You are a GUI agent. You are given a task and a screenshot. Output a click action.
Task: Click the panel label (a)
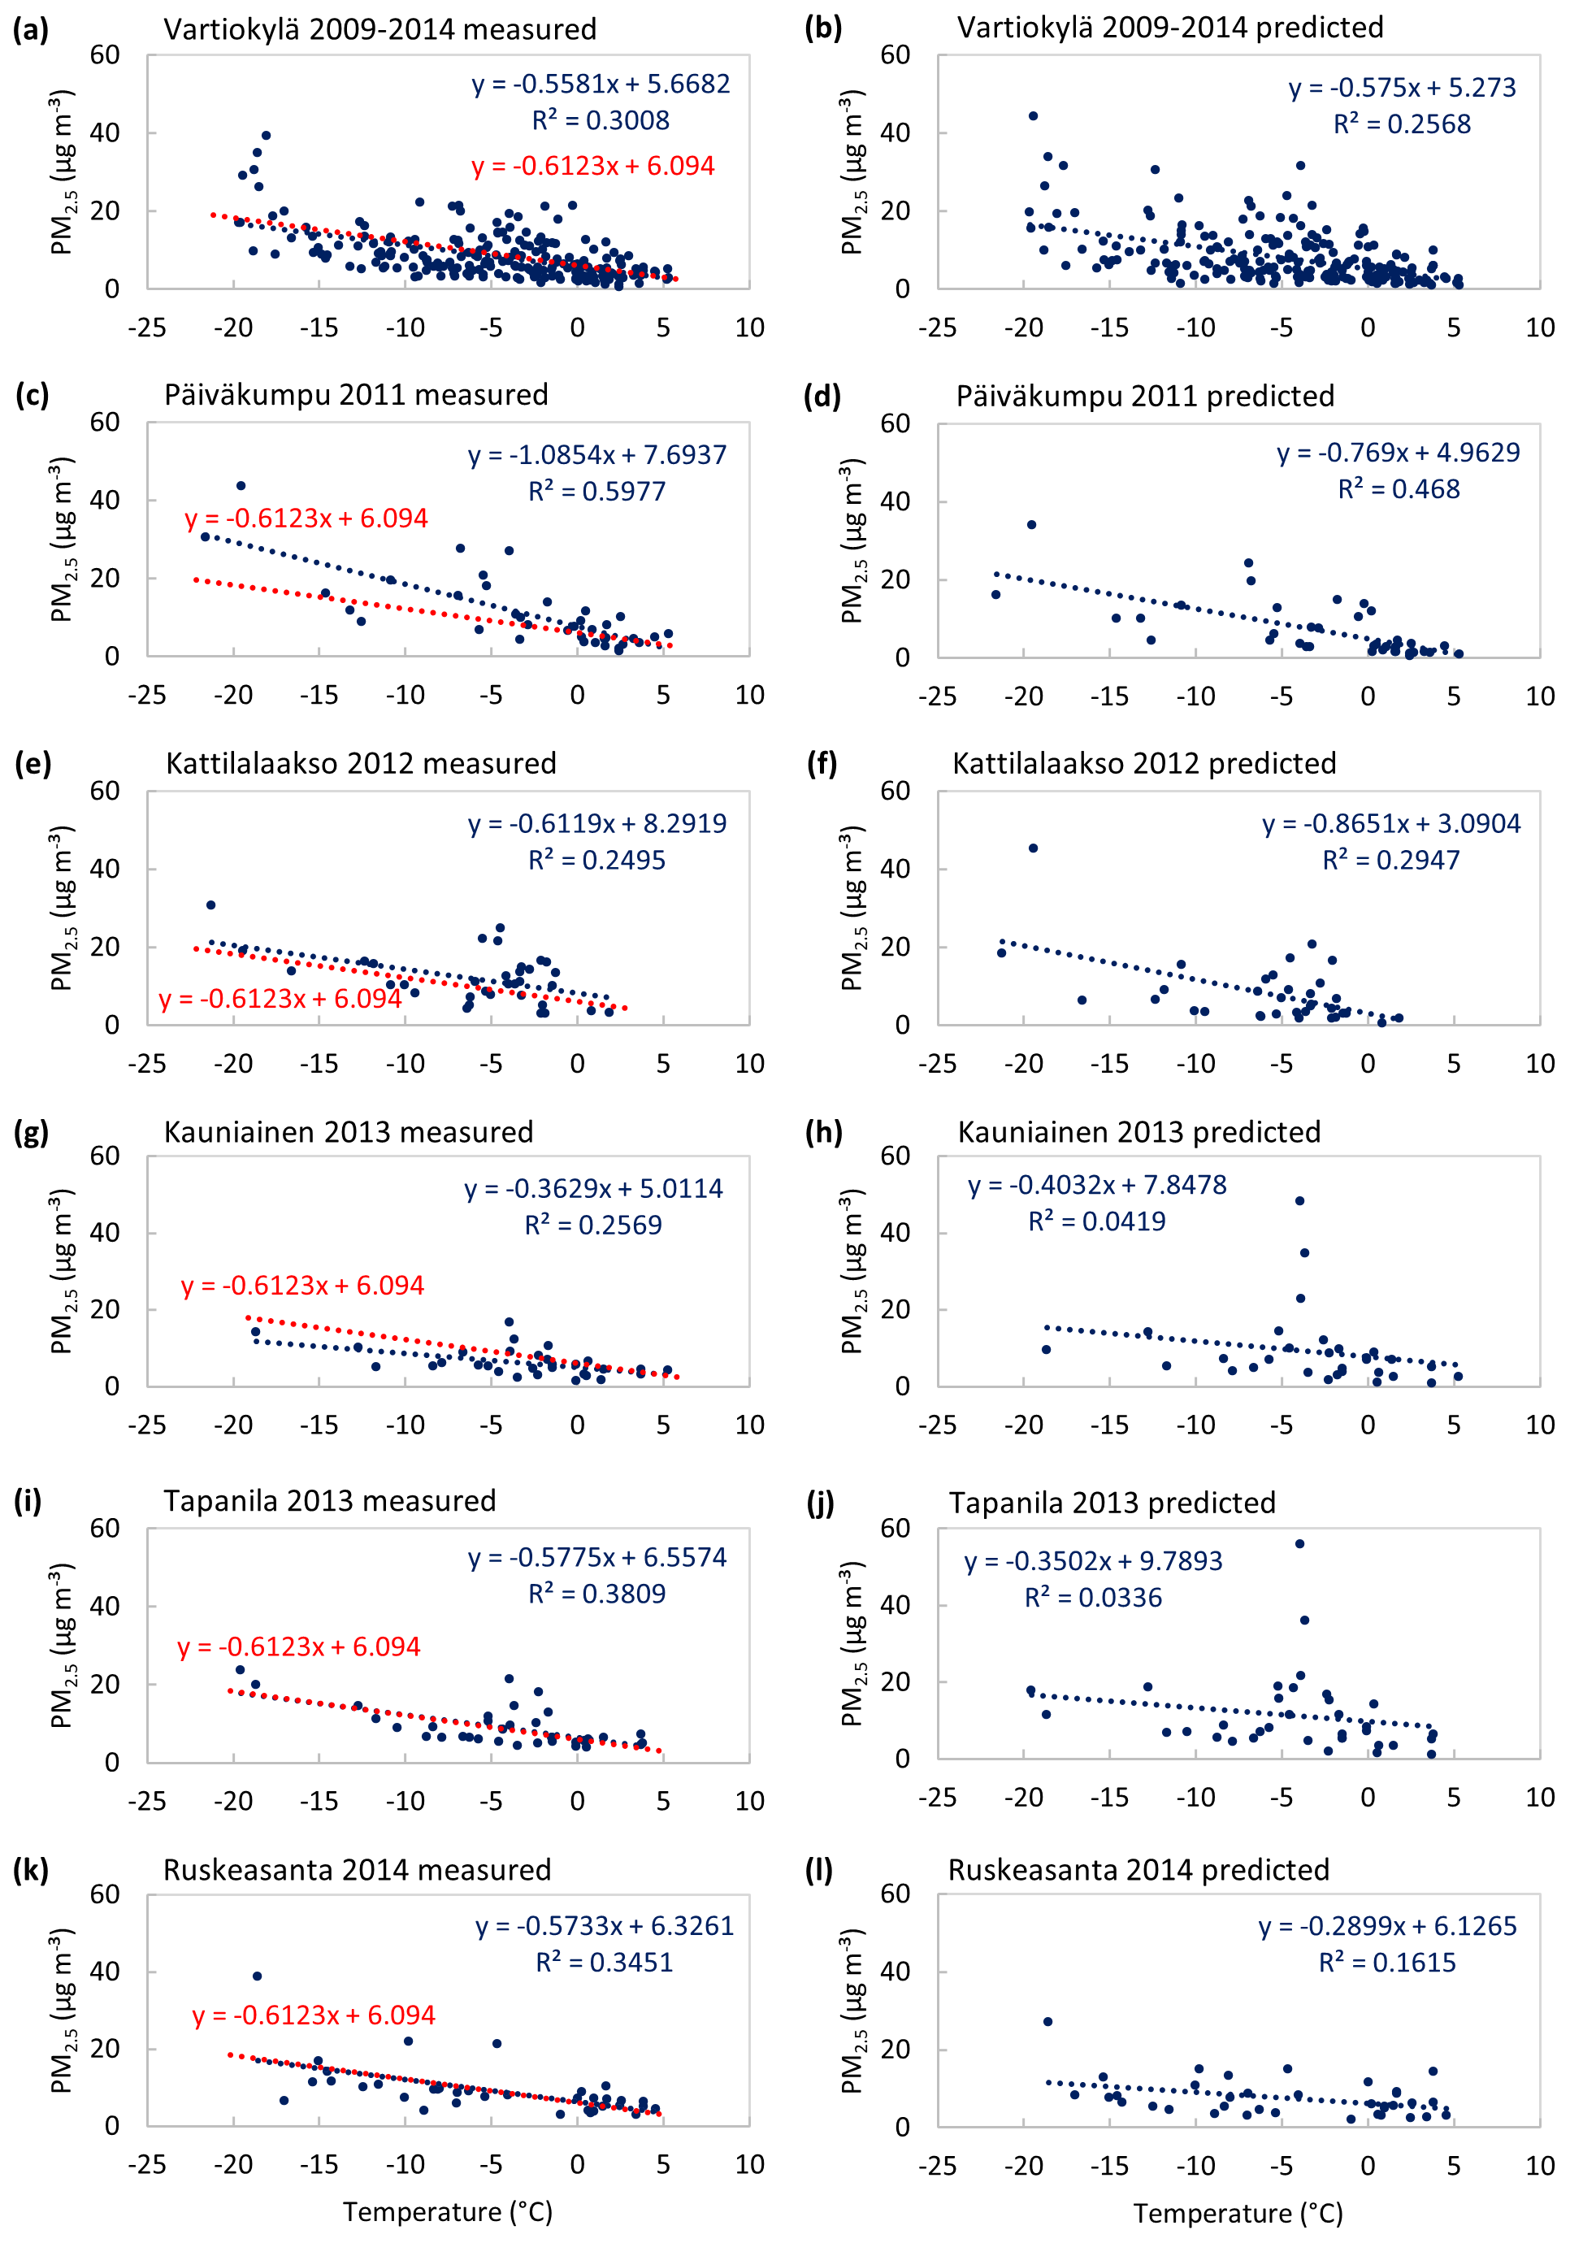(x=30, y=29)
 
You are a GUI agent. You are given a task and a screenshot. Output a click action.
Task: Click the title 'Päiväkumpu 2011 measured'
(x=356, y=395)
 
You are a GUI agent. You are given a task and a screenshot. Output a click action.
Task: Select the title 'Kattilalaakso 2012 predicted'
(x=1144, y=763)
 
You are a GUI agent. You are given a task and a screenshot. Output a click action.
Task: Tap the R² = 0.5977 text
(x=597, y=492)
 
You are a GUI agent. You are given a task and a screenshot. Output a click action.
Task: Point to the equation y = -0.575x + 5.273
(x=1402, y=88)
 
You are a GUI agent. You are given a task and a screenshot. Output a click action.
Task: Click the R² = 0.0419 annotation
(x=1096, y=1221)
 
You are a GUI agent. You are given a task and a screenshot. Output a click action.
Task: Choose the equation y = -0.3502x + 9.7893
(x=1093, y=1561)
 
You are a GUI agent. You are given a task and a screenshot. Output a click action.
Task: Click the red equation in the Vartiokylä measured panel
(x=593, y=166)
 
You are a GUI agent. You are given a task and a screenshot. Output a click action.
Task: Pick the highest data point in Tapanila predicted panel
(x=1299, y=1543)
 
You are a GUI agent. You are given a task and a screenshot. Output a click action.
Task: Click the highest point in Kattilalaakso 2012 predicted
(x=1034, y=848)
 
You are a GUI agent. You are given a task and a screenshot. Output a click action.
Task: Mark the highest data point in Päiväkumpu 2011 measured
(x=241, y=485)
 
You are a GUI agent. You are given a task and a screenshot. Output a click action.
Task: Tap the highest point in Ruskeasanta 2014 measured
(x=257, y=1976)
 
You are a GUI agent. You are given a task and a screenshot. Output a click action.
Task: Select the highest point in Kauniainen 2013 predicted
(x=1299, y=1200)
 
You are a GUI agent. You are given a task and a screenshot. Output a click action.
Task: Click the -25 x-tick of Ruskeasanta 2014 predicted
(x=937, y=2166)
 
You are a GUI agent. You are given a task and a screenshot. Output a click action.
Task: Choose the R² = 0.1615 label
(x=1387, y=1963)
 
